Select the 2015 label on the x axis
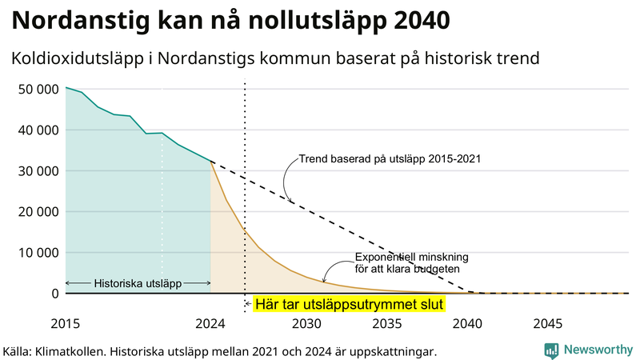[66, 324]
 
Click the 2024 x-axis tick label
[210, 324]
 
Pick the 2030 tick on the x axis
[307, 324]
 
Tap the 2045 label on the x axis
[548, 324]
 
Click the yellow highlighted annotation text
[348, 305]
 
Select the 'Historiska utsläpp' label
[138, 283]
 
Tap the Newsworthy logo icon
[551, 350]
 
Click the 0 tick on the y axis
[55, 294]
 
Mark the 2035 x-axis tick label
[387, 324]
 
